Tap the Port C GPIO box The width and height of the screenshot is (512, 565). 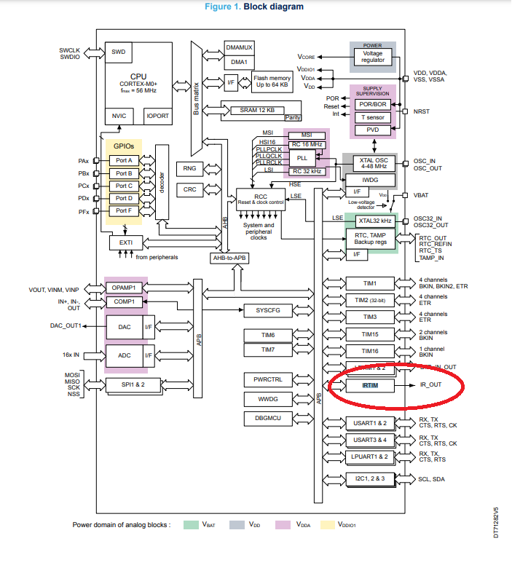pyautogui.click(x=124, y=186)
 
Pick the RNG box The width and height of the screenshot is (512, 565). pyautogui.click(x=190, y=168)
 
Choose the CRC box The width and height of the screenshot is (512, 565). pyautogui.click(x=190, y=189)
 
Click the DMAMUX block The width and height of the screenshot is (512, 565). pyautogui.click(x=239, y=47)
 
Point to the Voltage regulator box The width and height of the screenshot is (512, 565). pyautogui.click(x=372, y=55)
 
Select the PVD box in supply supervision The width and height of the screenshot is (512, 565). pyautogui.click(x=372, y=130)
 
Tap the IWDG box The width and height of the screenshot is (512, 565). pyautogui.click(x=370, y=180)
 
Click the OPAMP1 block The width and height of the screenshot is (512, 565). pyautogui.click(x=125, y=288)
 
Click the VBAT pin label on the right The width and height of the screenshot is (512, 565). pyautogui.click(x=423, y=195)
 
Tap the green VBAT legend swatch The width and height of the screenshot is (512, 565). pyautogui.click(x=192, y=524)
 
